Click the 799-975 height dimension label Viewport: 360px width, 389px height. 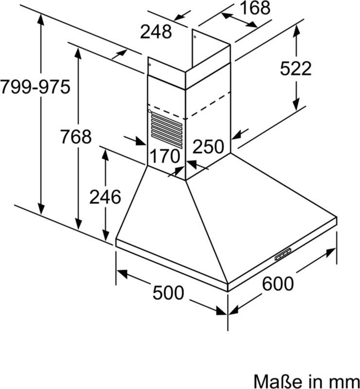click(35, 87)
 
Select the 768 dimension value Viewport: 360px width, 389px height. click(76, 137)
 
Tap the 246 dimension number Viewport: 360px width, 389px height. click(105, 197)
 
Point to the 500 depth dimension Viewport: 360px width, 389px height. click(168, 293)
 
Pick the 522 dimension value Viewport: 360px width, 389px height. click(295, 68)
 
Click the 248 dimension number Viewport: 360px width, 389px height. click(155, 32)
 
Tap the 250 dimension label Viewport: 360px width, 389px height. click(208, 146)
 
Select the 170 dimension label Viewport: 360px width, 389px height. click(165, 156)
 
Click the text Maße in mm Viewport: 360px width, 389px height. click(307, 381)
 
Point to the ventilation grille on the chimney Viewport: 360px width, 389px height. click(167, 130)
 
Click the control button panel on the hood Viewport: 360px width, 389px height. click(283, 254)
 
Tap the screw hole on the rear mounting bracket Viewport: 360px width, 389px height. click(195, 37)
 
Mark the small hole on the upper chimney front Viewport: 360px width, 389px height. click(150, 65)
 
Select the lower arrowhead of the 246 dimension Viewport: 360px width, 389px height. click(105, 235)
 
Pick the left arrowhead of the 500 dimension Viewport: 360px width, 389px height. click(122, 274)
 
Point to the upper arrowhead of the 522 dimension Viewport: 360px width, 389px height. click(296, 31)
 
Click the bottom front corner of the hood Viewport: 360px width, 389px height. click(227, 291)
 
